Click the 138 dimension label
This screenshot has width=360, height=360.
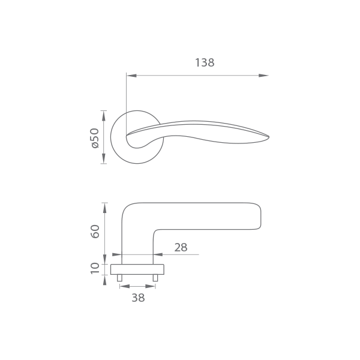pos(205,62)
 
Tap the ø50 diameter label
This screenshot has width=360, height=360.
pos(95,138)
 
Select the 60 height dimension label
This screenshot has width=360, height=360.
pos(95,232)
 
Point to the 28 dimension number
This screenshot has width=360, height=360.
pos(181,247)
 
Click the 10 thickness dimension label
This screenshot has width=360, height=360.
pos(95,268)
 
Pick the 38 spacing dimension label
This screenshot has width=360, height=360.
pos(138,298)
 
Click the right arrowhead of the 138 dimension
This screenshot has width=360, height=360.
pos(263,76)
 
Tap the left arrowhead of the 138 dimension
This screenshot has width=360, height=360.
pos(131,76)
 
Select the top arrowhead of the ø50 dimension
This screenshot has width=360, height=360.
pos(104,116)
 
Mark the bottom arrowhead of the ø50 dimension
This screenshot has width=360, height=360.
pos(104,158)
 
